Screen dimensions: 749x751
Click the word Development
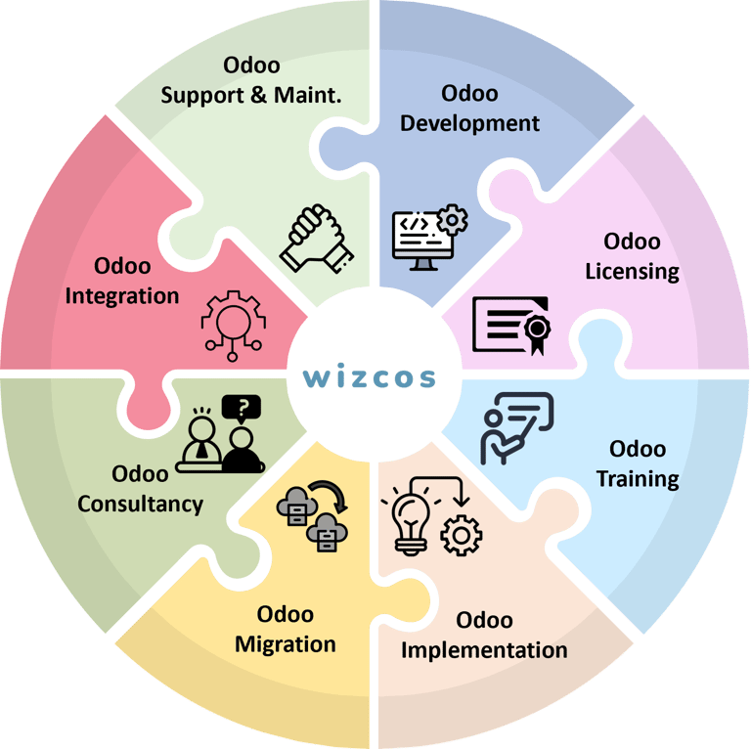coord(469,123)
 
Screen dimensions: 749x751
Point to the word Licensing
coord(632,271)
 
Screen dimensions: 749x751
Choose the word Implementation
coord(484,649)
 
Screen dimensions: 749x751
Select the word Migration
coord(286,643)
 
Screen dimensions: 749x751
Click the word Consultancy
coord(141,504)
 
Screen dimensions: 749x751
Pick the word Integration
coord(122,294)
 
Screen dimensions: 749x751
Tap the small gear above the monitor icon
coord(451,219)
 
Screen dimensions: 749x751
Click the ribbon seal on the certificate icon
coord(538,328)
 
